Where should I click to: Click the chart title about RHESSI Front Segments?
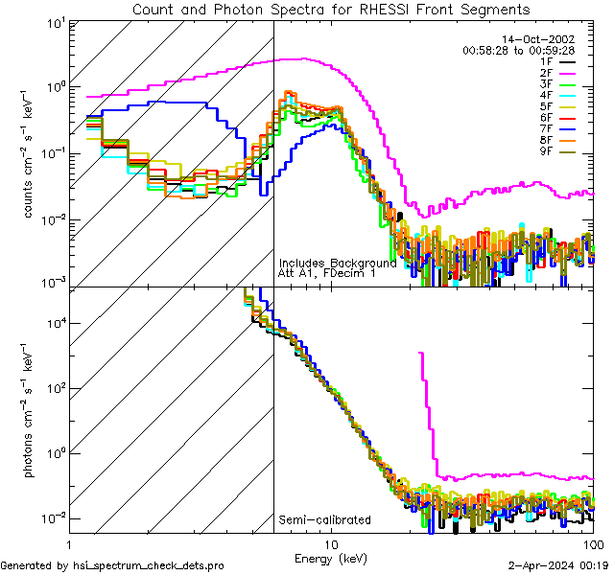(330, 9)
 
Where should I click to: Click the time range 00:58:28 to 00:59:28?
(518, 50)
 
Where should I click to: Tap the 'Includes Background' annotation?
(337, 263)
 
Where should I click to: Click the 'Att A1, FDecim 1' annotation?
(326, 273)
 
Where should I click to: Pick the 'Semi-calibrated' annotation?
(324, 520)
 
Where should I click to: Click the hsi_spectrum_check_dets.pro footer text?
(111, 566)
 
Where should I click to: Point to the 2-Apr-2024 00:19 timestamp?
(561, 566)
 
